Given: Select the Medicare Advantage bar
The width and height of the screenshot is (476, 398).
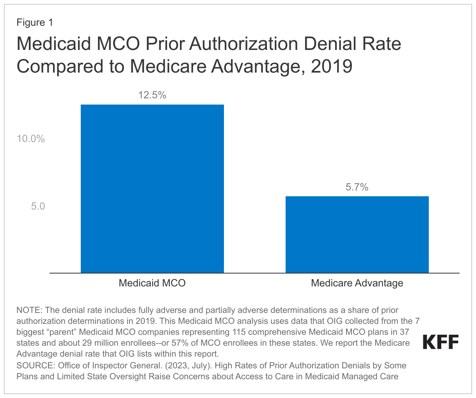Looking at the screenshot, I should pyautogui.click(x=357, y=235).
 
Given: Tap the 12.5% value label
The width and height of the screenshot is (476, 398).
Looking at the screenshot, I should pyautogui.click(x=152, y=95).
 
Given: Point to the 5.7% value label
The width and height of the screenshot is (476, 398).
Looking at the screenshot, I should pyautogui.click(x=357, y=187).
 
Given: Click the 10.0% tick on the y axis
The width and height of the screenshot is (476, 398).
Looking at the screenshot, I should pyautogui.click(x=30, y=139).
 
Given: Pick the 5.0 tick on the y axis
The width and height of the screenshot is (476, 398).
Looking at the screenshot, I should pyautogui.click(x=38, y=206).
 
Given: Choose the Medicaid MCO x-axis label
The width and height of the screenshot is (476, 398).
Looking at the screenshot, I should pyautogui.click(x=152, y=283).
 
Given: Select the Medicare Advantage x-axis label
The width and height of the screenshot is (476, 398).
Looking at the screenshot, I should pyautogui.click(x=357, y=283).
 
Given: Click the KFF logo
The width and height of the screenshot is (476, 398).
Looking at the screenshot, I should pyautogui.click(x=441, y=342).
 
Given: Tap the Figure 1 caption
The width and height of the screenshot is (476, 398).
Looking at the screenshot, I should pyautogui.click(x=35, y=23).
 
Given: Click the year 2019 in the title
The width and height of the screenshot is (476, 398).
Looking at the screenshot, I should pyautogui.click(x=332, y=66).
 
